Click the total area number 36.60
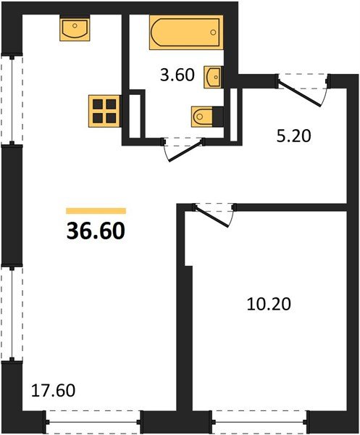coord(96,231)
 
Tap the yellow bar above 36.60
coord(96,211)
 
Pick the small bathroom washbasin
coord(214,76)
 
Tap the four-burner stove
coord(104,111)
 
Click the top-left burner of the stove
coord(97,104)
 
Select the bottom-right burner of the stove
coord(112,118)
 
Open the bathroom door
coord(182,147)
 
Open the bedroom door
coord(214,212)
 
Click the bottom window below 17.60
coord(92,420)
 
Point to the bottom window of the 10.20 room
coord(259,420)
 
